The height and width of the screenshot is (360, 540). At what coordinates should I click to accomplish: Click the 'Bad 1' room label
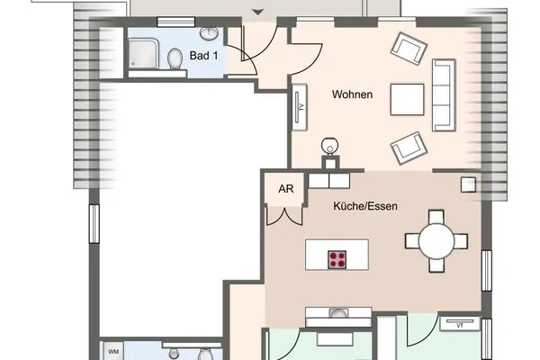click(203, 55)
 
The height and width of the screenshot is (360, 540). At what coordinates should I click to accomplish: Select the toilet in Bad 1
click(174, 58)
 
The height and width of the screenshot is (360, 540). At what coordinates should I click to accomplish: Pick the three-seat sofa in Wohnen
click(442, 94)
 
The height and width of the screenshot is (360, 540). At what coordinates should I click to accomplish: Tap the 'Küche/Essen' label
click(365, 205)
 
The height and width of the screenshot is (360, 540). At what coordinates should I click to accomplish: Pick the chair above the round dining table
click(437, 217)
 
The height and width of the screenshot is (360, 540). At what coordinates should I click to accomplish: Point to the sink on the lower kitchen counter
click(339, 314)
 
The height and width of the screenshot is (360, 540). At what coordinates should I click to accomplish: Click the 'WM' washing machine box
click(114, 351)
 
